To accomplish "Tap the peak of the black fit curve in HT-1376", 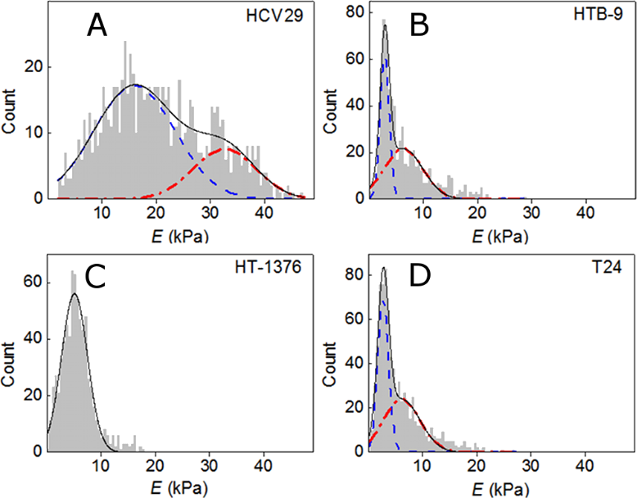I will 75,293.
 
